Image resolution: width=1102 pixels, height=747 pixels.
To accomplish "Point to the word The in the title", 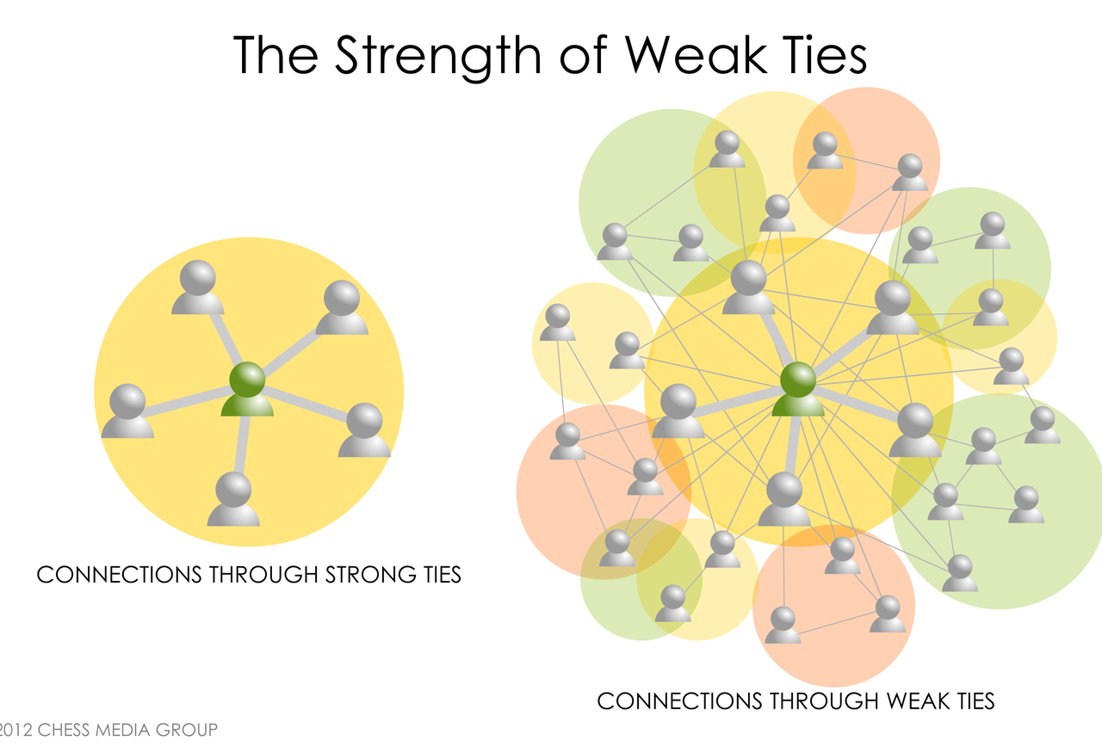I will click(275, 56).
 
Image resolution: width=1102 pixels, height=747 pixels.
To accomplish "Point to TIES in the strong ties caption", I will click(442, 574).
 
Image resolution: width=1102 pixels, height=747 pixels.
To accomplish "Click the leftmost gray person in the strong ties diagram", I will click(127, 411).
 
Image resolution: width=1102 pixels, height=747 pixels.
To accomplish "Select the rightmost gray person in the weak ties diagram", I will click(1043, 425).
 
